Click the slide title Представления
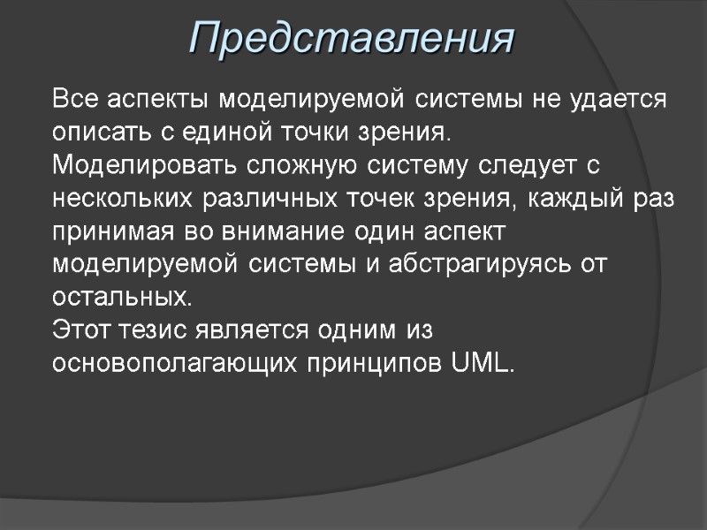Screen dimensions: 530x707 click(x=353, y=39)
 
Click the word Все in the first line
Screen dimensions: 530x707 click(x=72, y=99)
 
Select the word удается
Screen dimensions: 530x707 click(x=620, y=99)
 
